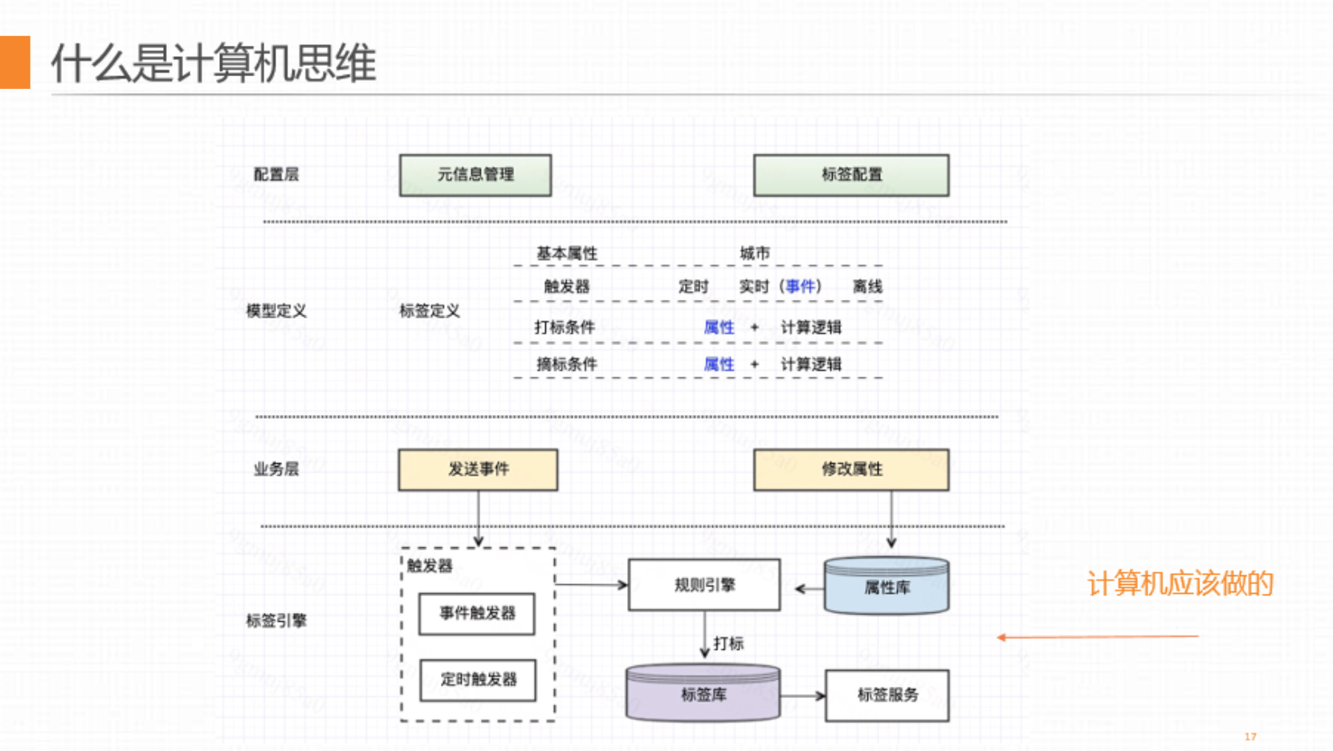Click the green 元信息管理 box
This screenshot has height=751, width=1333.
tap(475, 175)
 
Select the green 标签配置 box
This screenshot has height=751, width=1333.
tap(851, 175)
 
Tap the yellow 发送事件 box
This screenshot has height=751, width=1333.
tap(478, 469)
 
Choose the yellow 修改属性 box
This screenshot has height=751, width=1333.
tap(851, 469)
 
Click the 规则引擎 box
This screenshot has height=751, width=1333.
tap(704, 585)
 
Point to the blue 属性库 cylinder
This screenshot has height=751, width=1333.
tap(887, 587)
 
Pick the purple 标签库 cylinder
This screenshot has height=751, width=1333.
tap(703, 693)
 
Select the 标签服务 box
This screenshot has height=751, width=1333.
tap(887, 695)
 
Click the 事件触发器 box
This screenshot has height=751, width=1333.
tap(477, 614)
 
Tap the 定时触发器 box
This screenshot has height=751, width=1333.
tap(478, 680)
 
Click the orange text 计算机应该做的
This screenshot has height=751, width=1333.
tap(1180, 583)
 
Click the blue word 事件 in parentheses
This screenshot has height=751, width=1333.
tap(801, 286)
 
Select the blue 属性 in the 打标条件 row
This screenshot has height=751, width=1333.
tap(719, 327)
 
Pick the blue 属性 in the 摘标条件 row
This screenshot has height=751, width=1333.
tap(719, 364)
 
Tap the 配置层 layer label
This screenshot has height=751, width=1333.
tap(276, 174)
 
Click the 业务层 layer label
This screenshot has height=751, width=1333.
tap(276, 469)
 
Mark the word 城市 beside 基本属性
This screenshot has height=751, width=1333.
tap(755, 254)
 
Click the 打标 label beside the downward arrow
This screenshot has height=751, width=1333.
tap(728, 643)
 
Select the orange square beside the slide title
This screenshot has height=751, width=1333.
tap(14, 62)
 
